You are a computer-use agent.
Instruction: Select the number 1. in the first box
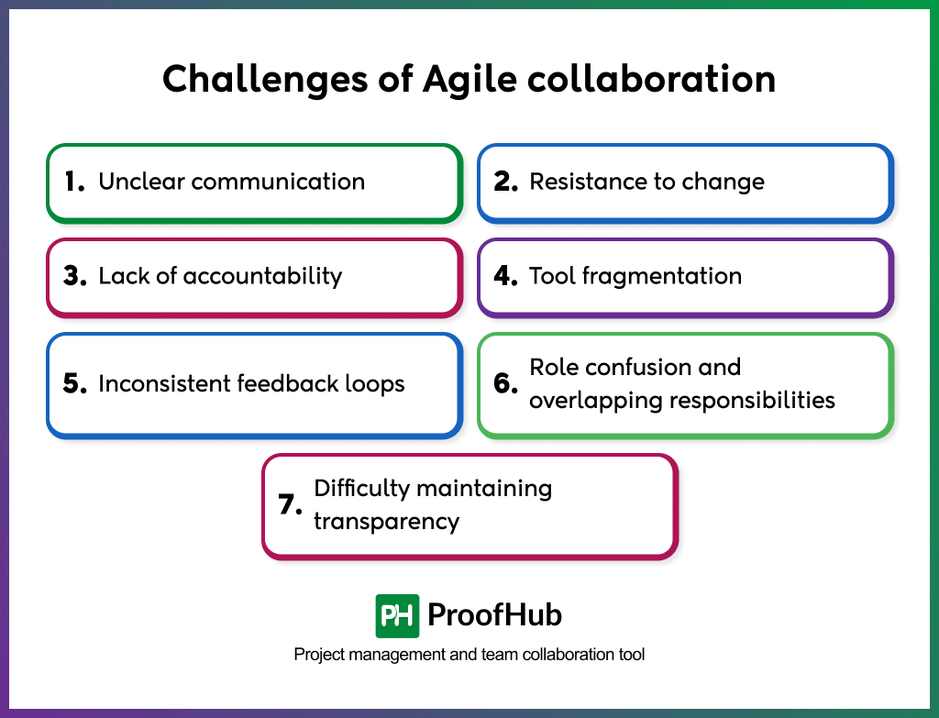click(75, 182)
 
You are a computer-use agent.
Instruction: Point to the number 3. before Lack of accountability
click(75, 276)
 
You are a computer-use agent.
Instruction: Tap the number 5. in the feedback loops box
click(75, 383)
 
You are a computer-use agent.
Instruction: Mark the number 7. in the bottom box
click(291, 505)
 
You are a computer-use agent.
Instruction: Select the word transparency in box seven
click(386, 522)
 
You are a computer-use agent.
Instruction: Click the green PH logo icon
click(397, 615)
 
